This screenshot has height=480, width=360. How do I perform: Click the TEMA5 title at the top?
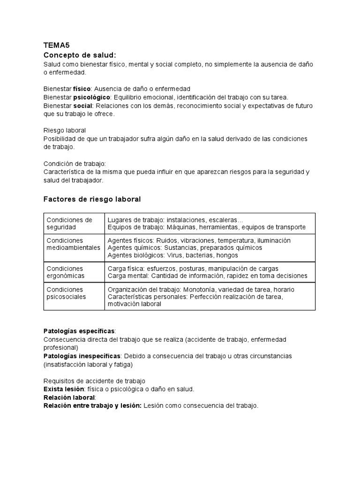tap(56, 45)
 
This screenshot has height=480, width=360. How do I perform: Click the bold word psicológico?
tap(91, 97)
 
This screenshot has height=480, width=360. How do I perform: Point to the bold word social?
tap(83, 105)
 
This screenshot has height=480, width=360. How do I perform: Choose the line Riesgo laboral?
tap(64, 130)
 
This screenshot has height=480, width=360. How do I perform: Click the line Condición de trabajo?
tap(75, 164)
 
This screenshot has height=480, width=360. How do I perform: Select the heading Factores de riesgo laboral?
tap(92, 199)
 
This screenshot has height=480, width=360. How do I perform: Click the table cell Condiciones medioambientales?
tap(73, 244)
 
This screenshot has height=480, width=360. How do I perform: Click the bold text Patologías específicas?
tap(79, 331)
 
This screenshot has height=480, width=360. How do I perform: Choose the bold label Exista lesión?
tap(63, 389)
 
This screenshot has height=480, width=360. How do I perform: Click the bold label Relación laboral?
tap(69, 397)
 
